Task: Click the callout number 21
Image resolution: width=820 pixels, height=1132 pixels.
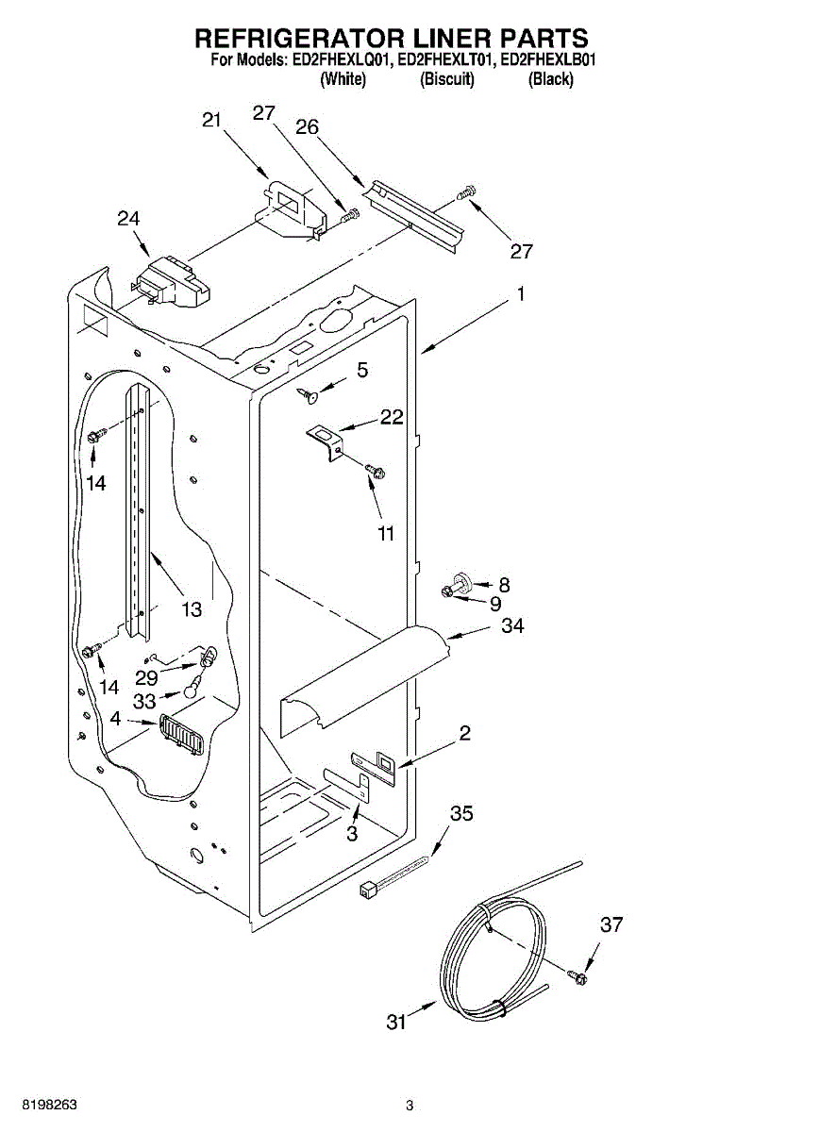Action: point(211,121)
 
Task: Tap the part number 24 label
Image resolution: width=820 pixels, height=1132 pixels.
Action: point(128,219)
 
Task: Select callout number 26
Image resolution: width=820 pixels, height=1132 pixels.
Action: point(308,126)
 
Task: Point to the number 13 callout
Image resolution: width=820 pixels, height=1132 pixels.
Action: point(192,609)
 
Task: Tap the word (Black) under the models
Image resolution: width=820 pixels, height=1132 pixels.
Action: point(550,79)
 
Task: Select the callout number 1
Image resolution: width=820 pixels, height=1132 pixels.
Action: point(521,293)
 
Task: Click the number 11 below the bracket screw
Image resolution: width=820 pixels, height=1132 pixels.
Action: point(386,533)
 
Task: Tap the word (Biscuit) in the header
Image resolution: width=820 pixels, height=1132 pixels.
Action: point(447,79)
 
